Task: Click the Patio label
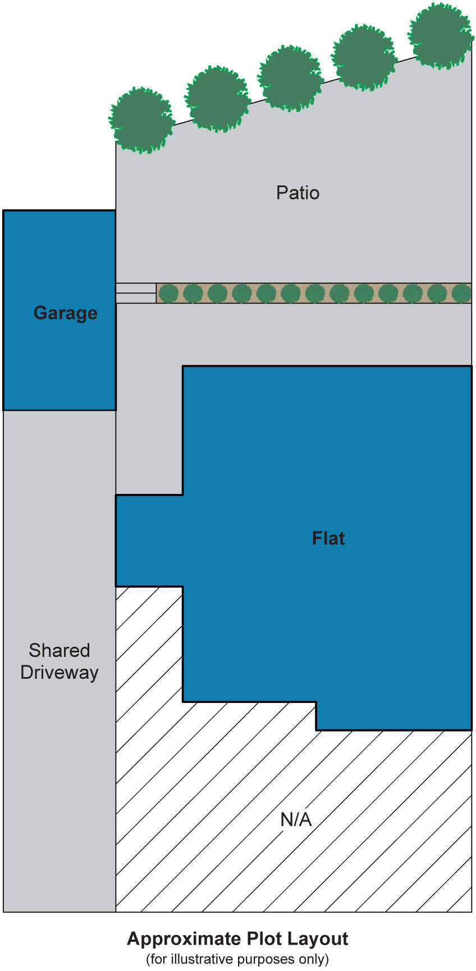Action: (x=297, y=193)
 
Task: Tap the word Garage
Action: (x=65, y=313)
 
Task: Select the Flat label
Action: (x=328, y=538)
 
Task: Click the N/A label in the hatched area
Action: (x=296, y=819)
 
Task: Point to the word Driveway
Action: (x=60, y=673)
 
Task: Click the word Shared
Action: (x=60, y=650)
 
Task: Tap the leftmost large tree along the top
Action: (x=141, y=120)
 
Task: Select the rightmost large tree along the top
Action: (x=440, y=35)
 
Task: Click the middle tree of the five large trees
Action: (x=290, y=78)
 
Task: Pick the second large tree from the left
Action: (x=217, y=99)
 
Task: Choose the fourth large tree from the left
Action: (x=364, y=57)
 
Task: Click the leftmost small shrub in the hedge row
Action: (x=168, y=293)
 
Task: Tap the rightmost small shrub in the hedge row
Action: (x=461, y=293)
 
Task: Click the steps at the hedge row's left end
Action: (x=136, y=293)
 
